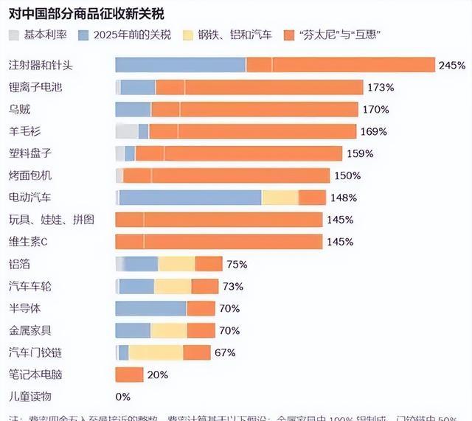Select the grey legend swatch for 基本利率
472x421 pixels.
(x=15, y=35)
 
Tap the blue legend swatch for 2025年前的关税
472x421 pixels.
(x=85, y=35)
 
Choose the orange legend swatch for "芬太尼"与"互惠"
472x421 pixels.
(x=284, y=35)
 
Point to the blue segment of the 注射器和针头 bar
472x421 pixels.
(x=180, y=66)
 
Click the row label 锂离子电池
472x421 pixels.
(x=35, y=88)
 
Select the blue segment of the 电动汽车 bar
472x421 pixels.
(x=190, y=198)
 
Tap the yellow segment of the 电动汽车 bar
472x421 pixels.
(x=280, y=198)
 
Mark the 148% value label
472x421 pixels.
(x=344, y=198)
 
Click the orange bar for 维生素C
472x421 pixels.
(x=219, y=242)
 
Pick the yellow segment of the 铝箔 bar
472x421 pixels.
(x=176, y=264)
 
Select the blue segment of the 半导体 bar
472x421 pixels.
(x=150, y=308)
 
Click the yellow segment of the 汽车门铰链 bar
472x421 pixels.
(x=156, y=352)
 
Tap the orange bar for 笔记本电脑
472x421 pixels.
(x=129, y=374)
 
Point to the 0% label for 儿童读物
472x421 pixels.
(x=123, y=396)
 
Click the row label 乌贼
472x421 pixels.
(x=19, y=110)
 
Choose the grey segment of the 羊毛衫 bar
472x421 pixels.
(x=127, y=132)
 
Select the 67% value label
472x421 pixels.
(x=225, y=352)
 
